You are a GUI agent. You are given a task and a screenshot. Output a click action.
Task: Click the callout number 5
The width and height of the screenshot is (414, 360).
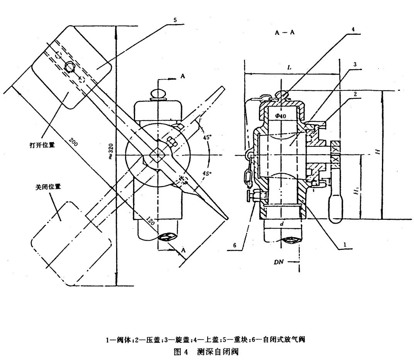click(x=175, y=20)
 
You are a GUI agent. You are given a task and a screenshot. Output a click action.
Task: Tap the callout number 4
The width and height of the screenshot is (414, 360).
click(x=353, y=29)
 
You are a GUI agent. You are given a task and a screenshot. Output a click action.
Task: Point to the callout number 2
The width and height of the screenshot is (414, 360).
click(x=355, y=94)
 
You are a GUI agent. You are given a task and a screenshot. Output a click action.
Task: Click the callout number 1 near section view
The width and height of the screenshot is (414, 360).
click(x=345, y=245)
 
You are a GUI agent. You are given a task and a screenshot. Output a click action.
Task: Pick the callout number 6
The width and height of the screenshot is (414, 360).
click(x=235, y=246)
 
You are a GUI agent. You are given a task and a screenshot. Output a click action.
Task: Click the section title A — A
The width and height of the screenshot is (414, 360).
click(x=284, y=32)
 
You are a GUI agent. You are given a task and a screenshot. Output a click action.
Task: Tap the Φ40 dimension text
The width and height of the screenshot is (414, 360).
click(x=281, y=116)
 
